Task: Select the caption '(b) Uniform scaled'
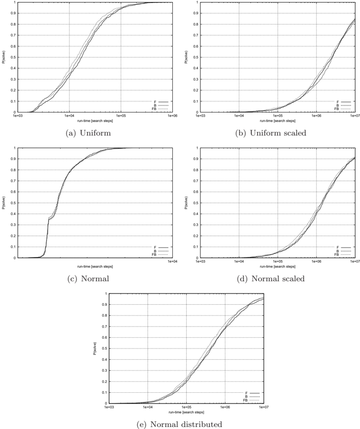(271, 133)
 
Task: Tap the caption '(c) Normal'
(88, 279)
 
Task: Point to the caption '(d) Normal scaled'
(271, 279)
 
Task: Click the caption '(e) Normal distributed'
(179, 424)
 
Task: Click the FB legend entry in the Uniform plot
(160, 109)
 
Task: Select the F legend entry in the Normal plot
(161, 247)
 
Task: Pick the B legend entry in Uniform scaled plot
(343, 105)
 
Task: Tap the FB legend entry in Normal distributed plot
(251, 400)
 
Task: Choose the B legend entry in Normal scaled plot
(343, 251)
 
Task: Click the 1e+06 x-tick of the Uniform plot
(172, 116)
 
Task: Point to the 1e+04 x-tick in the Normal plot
(172, 261)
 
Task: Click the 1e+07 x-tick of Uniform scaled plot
(355, 116)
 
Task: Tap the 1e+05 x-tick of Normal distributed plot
(186, 407)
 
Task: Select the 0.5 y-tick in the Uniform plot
(14, 57)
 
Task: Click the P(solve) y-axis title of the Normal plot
(3, 203)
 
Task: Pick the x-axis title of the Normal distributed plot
(186, 412)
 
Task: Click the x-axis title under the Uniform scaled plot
(277, 121)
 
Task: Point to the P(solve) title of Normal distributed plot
(94, 348)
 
